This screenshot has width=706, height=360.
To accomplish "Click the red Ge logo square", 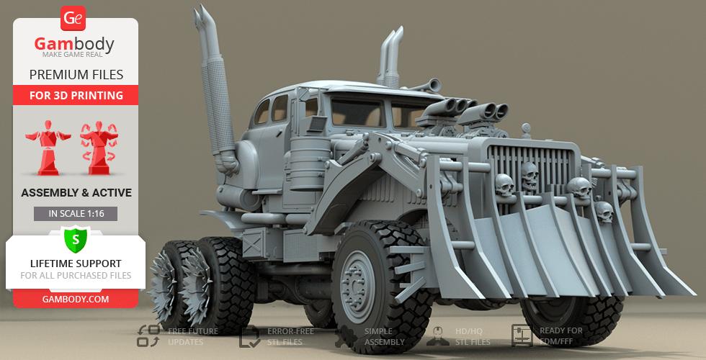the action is click(73, 18).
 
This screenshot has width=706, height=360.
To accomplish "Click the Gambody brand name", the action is click(74, 44).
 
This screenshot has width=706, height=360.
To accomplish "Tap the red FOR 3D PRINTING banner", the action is click(76, 95).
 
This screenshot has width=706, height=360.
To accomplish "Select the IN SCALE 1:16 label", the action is click(76, 214).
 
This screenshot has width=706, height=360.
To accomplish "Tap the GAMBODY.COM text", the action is click(76, 300).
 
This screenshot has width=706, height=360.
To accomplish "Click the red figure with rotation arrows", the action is click(99, 148).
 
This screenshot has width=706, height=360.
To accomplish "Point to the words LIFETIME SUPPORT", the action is click(76, 264).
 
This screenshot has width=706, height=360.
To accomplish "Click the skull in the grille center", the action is click(530, 176).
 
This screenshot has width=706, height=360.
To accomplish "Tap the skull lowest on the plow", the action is click(604, 212).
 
